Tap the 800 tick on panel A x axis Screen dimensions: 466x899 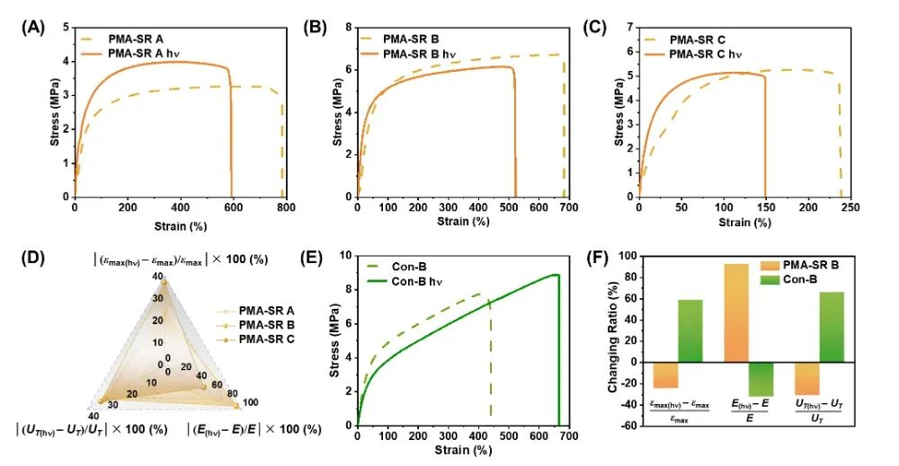click(x=287, y=207)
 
